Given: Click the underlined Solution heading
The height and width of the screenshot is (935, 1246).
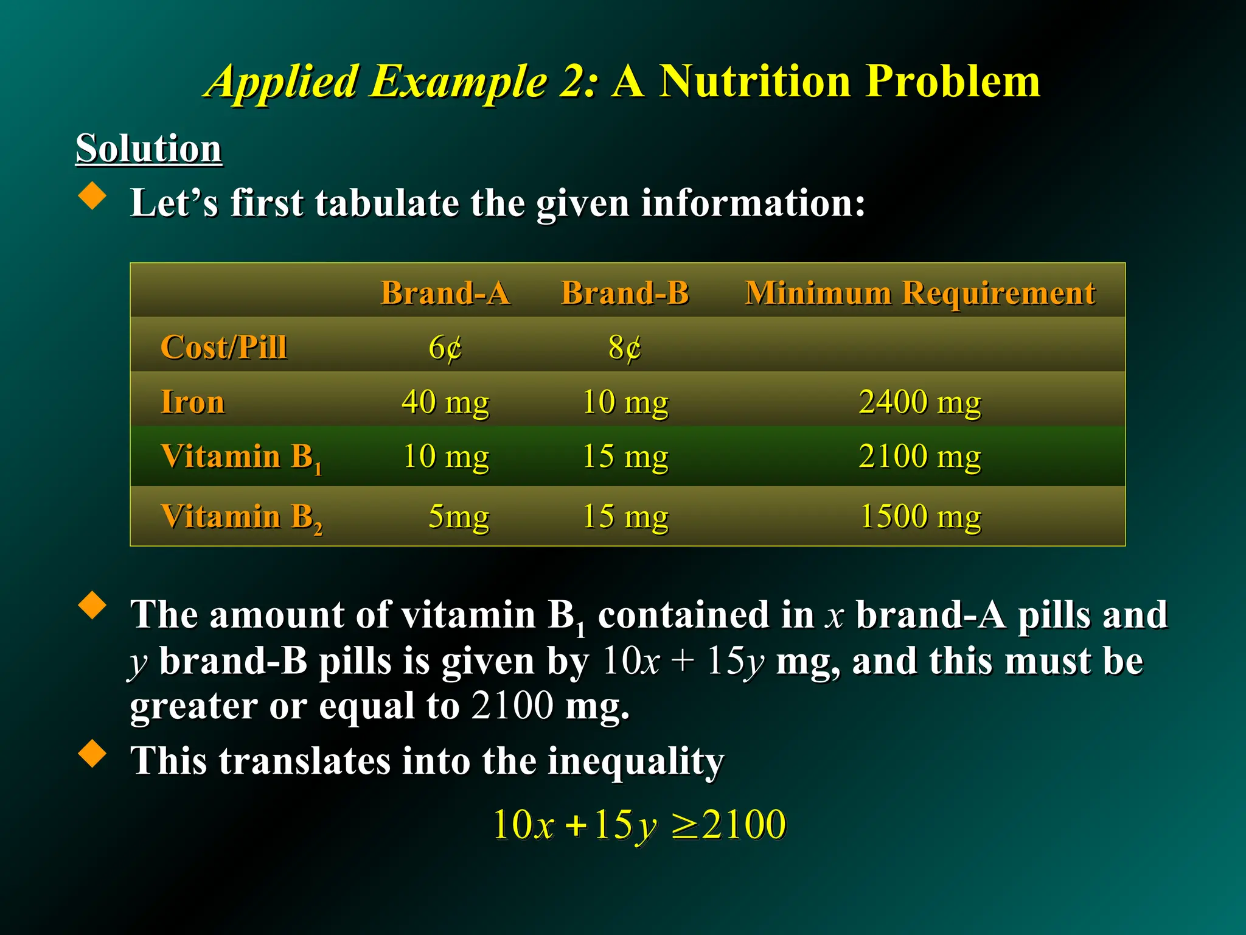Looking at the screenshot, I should (x=148, y=149).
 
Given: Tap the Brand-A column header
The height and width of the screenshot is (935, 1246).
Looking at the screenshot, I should (x=445, y=293).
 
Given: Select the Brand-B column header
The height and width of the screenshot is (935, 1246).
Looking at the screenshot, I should (x=625, y=293).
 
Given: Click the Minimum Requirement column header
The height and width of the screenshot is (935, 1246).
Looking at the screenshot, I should (x=920, y=293).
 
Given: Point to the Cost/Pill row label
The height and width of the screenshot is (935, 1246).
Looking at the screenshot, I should (x=223, y=348).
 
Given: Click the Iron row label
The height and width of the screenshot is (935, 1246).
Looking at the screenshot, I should (x=192, y=402).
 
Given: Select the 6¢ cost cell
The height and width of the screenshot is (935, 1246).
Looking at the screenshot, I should (x=445, y=348).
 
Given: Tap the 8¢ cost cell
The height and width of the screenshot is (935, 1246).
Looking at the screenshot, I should (x=625, y=348).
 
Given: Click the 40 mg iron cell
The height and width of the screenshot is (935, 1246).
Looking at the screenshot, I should (x=445, y=402).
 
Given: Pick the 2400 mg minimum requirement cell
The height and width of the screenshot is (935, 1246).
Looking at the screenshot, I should (x=920, y=402).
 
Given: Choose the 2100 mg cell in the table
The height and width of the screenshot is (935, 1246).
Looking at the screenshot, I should (x=920, y=456).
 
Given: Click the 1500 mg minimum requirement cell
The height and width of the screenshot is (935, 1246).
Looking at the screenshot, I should (x=920, y=516).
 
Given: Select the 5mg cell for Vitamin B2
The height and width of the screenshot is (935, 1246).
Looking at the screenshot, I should (x=458, y=516).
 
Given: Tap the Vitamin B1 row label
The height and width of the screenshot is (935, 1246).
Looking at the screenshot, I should (x=241, y=457).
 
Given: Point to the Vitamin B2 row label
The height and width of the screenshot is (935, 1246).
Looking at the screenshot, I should (x=241, y=517).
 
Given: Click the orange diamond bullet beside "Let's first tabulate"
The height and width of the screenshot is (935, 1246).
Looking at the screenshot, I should (x=92, y=196).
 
